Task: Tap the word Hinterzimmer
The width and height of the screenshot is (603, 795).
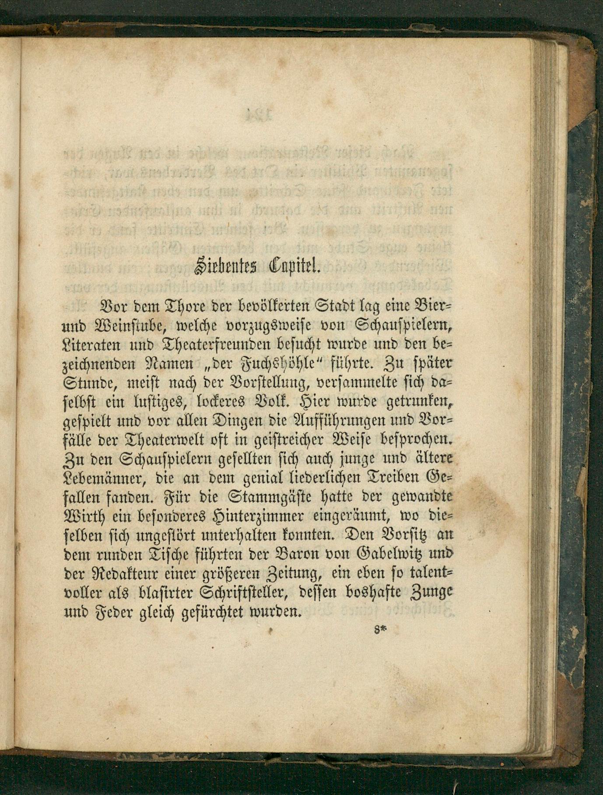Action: coord(258,517)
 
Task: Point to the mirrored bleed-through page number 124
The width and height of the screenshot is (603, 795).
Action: coord(257,115)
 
